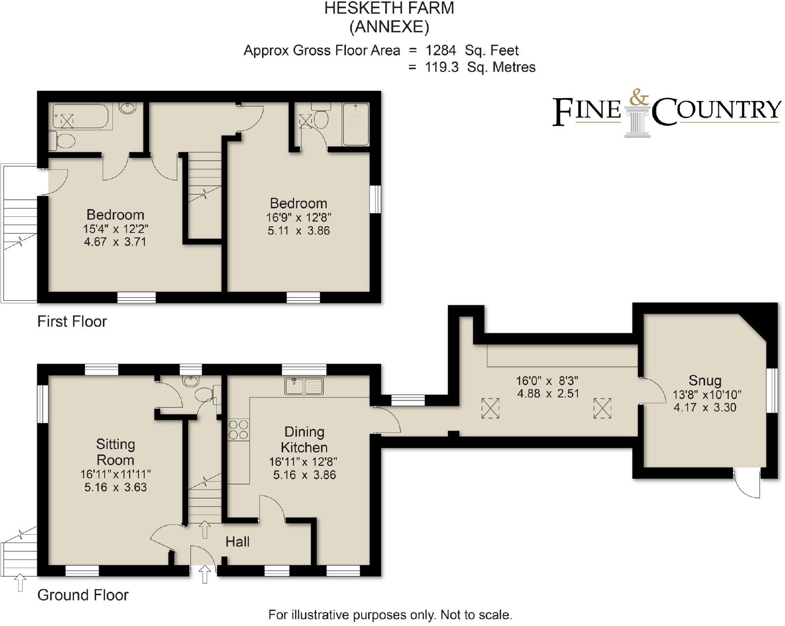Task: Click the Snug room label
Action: coord(705,381)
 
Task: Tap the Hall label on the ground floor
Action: coord(237,542)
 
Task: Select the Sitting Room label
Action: coord(115,452)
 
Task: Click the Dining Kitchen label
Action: coord(304,440)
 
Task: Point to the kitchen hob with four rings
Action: coord(238,429)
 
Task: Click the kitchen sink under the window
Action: coord(304,386)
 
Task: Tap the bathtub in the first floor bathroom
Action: coord(80,116)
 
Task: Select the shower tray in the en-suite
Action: coord(356,124)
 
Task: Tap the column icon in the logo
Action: coord(637,122)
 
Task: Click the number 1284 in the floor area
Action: coord(441,51)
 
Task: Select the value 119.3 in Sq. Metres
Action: coord(442,67)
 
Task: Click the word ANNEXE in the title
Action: coord(389,27)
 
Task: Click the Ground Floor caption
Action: coord(83,596)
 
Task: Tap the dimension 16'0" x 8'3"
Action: coord(547,381)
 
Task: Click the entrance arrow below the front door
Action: coord(205,574)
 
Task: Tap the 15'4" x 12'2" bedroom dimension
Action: coord(116,229)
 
